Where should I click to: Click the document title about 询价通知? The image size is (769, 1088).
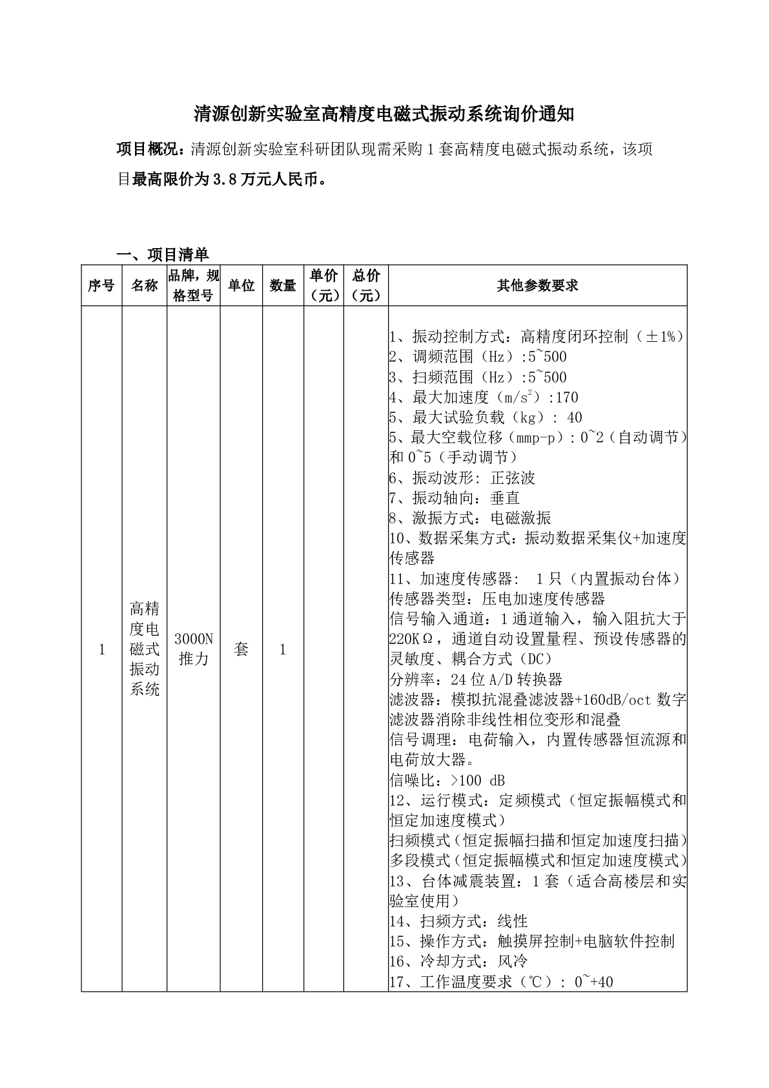(384, 114)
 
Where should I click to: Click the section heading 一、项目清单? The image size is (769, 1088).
(161, 254)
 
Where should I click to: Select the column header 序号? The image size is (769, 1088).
(101, 285)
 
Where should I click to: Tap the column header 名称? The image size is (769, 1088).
(145, 285)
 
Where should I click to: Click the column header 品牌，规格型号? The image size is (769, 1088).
(194, 285)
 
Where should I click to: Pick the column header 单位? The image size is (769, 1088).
(241, 285)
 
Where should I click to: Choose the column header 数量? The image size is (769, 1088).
(283, 285)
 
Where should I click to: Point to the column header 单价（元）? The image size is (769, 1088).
(323, 285)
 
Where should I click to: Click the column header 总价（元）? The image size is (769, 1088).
(366, 285)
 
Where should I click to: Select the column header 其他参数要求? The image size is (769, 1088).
(537, 285)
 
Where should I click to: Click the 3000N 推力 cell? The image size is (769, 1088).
(194, 649)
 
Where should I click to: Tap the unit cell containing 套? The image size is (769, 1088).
(241, 649)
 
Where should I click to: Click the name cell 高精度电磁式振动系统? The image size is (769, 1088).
(145, 649)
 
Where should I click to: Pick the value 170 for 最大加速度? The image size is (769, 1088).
(566, 397)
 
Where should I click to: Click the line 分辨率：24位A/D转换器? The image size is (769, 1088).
(476, 679)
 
